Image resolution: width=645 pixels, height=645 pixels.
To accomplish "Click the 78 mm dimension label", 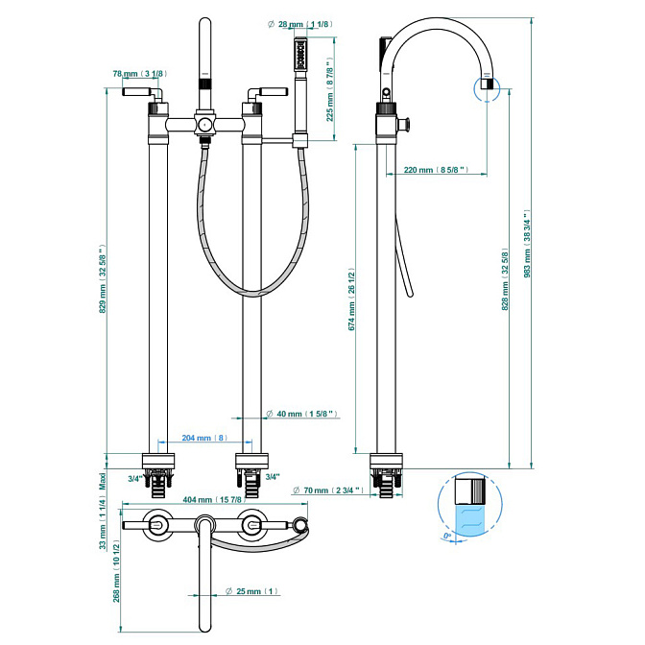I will (x=138, y=74).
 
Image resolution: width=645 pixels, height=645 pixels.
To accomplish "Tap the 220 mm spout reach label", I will (x=434, y=170).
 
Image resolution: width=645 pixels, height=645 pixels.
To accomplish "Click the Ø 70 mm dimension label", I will (x=327, y=490).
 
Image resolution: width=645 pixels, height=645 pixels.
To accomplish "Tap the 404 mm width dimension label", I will (x=213, y=500).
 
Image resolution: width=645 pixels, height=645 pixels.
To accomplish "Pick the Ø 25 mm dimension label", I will (x=251, y=590).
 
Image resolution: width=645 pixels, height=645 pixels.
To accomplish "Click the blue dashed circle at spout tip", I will (x=487, y=88).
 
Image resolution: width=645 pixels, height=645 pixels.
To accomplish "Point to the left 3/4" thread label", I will (x=134, y=478).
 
